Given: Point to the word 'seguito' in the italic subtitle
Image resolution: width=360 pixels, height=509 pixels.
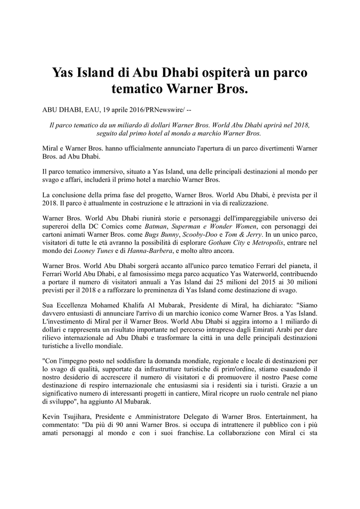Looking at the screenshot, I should pos(108,133).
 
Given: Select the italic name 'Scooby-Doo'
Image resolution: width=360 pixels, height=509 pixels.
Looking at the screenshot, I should pos(199,235).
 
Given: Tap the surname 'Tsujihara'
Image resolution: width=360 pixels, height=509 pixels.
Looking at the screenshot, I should pos(78,415).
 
